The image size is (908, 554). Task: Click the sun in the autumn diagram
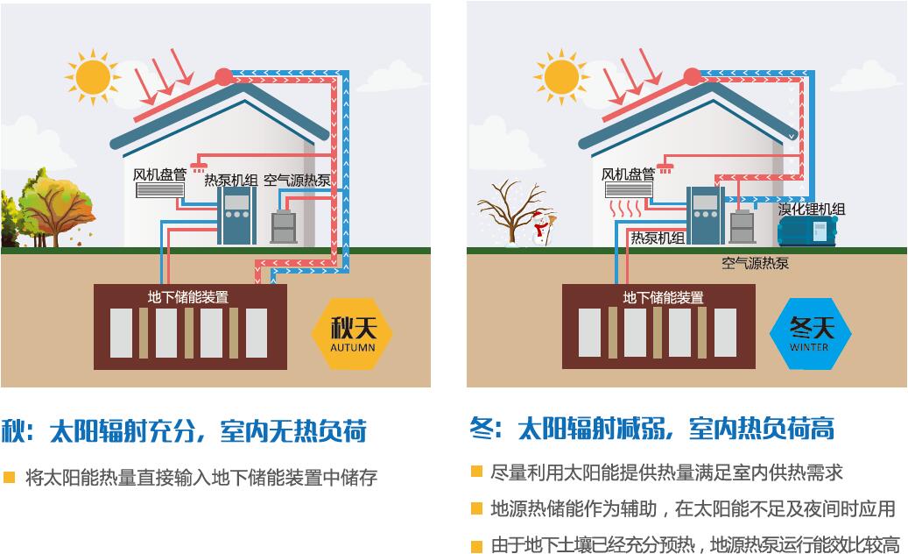click(x=92, y=77)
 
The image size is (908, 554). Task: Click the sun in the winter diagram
click(x=561, y=77)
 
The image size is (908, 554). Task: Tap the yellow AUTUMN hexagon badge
click(x=352, y=334)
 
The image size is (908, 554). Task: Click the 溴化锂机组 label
click(x=812, y=209)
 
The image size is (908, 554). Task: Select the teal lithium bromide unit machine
click(x=806, y=231)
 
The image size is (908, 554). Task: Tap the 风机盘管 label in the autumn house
click(x=159, y=174)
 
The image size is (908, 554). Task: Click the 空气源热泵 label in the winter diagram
click(x=755, y=262)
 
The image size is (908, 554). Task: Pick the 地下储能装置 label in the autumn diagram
click(x=188, y=297)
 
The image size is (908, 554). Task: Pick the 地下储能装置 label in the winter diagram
click(x=663, y=297)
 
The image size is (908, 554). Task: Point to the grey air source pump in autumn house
click(x=283, y=227)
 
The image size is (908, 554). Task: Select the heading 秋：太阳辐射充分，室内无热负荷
click(x=183, y=431)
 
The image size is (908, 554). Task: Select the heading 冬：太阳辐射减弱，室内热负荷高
click(x=651, y=428)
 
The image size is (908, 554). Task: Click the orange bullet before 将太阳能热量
click(x=10, y=478)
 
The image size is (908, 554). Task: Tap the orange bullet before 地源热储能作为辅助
click(x=476, y=508)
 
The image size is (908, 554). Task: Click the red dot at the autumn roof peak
click(x=224, y=76)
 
